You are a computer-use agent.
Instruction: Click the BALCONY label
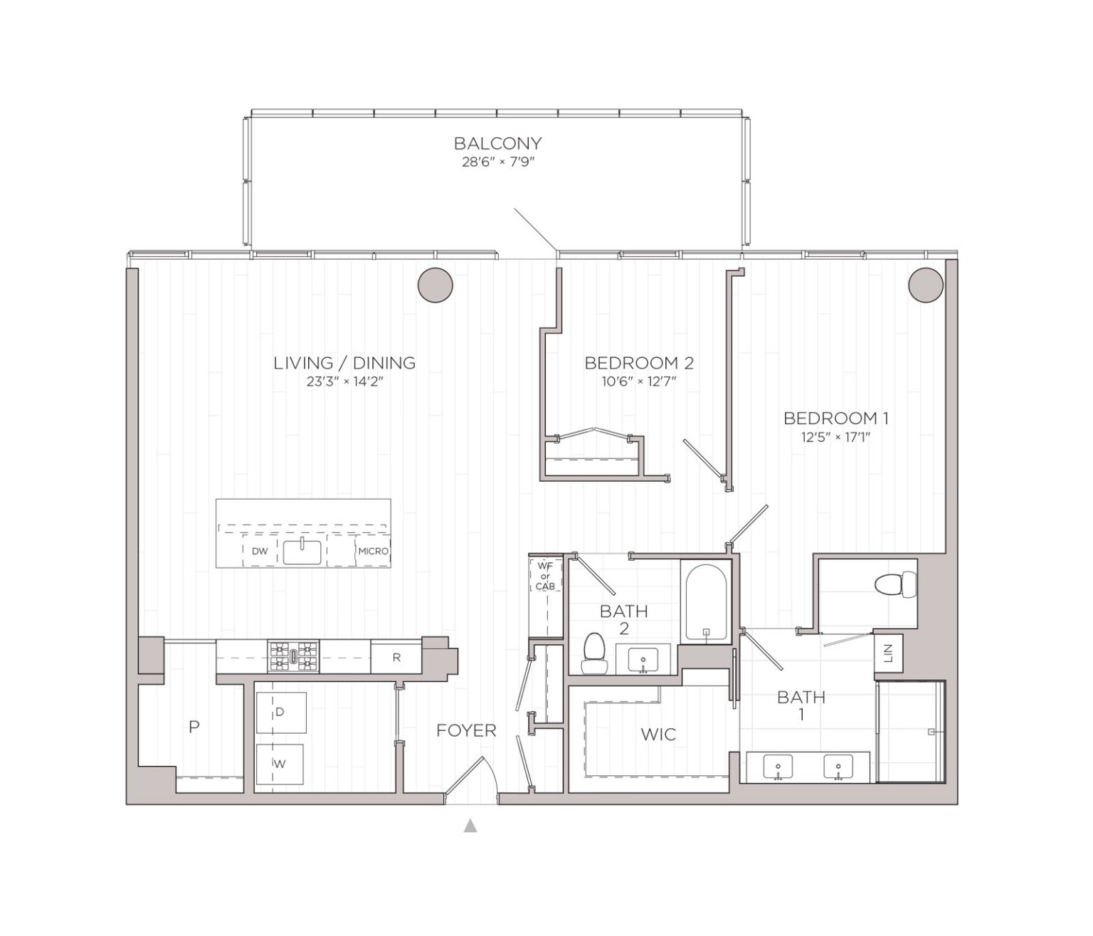pos(497,143)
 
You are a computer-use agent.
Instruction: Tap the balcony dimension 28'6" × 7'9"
pos(497,162)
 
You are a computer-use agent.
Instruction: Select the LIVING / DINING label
pos(344,363)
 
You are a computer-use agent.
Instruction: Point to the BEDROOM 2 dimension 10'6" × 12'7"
pos(638,382)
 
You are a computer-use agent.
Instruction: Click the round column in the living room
pos(435,286)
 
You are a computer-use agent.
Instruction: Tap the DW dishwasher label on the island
pos(259,551)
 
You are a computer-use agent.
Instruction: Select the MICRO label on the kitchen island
pos(373,551)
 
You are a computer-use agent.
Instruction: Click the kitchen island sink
pos(302,552)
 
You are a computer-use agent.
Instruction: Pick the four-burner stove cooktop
pos(293,656)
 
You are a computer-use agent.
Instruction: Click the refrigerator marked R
pos(396,658)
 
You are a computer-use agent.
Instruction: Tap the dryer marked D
pos(280,712)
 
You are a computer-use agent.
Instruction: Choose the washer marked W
pos(280,764)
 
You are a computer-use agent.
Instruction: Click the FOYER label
pos(466,730)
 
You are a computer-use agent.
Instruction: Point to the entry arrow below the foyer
pos(470,826)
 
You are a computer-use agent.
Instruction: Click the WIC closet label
pos(658,734)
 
